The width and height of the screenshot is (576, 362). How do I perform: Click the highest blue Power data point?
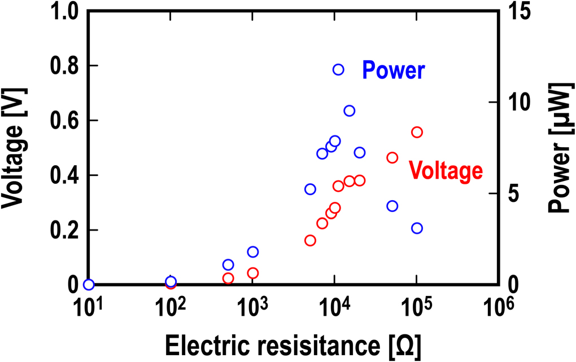point(338,69)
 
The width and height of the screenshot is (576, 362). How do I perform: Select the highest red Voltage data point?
point(417,132)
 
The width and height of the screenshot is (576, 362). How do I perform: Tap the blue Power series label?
point(393,70)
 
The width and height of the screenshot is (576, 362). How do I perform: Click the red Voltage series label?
point(446,170)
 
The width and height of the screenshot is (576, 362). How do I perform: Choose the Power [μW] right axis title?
point(559,147)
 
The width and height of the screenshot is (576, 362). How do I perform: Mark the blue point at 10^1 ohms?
point(88,285)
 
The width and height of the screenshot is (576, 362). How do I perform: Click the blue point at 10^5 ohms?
point(417,228)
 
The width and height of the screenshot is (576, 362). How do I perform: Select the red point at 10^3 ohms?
point(252,273)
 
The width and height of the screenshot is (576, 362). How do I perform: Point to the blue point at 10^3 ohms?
point(252,251)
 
